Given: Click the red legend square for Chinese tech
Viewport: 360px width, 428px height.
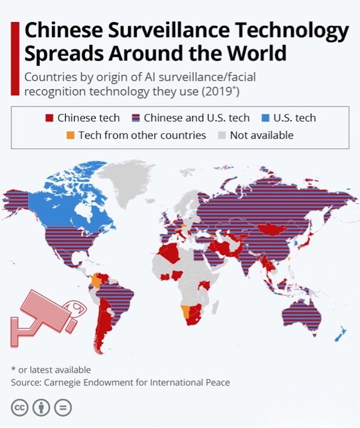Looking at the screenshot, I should [x=49, y=118].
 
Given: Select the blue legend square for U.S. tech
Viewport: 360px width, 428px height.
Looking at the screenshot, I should [x=265, y=118].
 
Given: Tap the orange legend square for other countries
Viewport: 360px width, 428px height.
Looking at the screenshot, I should [x=70, y=136].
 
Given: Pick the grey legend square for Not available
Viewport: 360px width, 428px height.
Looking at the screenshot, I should [x=222, y=136].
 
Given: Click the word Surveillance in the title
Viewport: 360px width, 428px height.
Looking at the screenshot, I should [x=155, y=32].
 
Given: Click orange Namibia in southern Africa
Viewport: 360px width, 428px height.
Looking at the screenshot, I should [x=185, y=311].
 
